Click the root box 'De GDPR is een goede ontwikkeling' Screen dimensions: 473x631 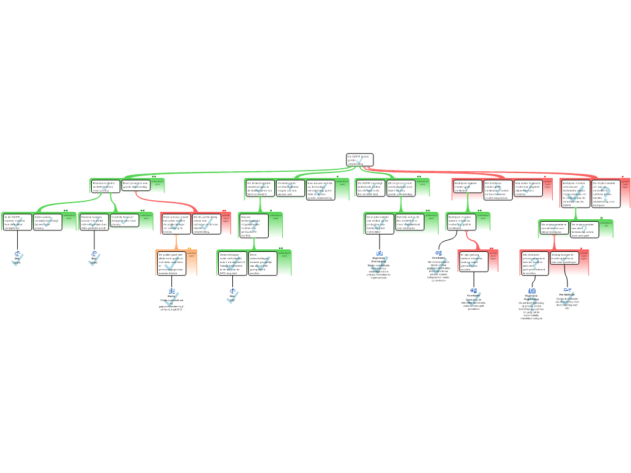359,160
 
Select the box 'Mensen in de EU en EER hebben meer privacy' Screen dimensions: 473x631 105,186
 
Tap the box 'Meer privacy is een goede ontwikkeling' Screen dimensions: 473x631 136,185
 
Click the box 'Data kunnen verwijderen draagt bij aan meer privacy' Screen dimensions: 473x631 47,222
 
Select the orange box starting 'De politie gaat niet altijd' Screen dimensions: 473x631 171,263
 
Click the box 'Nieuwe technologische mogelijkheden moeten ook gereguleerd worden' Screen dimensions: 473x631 253,225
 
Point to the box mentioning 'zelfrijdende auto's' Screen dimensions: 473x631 232,263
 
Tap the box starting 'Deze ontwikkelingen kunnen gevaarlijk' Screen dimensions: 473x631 262,263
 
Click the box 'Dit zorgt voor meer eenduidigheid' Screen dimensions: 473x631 401,188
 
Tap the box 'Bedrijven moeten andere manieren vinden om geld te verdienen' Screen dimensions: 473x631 460,222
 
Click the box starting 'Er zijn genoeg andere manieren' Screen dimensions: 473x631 473,262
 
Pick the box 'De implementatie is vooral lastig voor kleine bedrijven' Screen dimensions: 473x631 553,228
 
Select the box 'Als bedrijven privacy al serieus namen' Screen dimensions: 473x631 535,263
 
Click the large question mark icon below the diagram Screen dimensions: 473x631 531,304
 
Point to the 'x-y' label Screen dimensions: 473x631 567,289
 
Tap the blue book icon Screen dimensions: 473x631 172,291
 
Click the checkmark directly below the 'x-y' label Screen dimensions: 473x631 567,300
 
